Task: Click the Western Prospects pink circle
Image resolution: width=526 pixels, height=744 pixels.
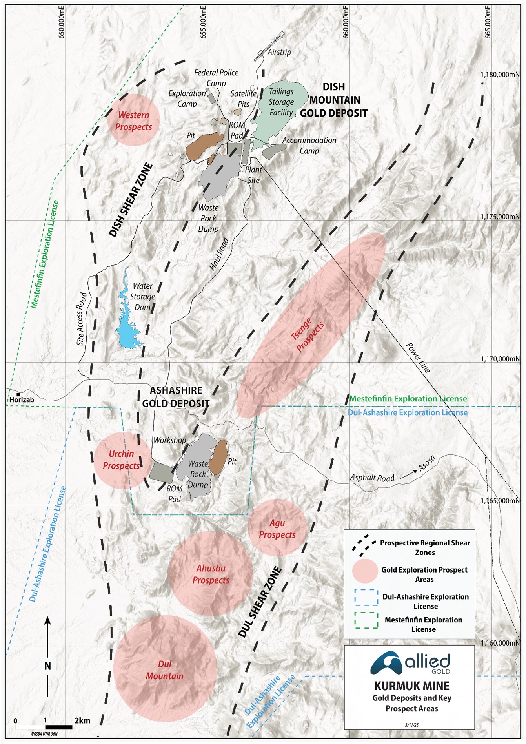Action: [x=133, y=120]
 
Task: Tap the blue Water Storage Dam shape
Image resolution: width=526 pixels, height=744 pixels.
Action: [x=128, y=322]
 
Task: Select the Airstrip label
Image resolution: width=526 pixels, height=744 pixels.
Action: [x=279, y=52]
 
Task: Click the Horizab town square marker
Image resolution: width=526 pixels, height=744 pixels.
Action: [x=18, y=394]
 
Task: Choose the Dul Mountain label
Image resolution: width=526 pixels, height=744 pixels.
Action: [x=165, y=670]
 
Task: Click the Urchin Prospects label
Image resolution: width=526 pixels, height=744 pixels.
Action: [x=121, y=460]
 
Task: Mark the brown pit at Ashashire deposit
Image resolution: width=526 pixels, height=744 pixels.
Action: [x=218, y=457]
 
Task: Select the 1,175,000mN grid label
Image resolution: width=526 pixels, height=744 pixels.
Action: [x=500, y=216]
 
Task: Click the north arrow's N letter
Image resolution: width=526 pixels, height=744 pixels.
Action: [x=47, y=666]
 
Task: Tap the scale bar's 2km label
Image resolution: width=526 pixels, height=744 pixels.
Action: [x=82, y=720]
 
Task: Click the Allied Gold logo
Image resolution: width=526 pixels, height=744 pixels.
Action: [x=410, y=663]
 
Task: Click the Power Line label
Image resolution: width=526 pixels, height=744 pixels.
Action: [x=418, y=357]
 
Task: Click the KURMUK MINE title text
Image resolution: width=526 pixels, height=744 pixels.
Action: [x=411, y=686]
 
